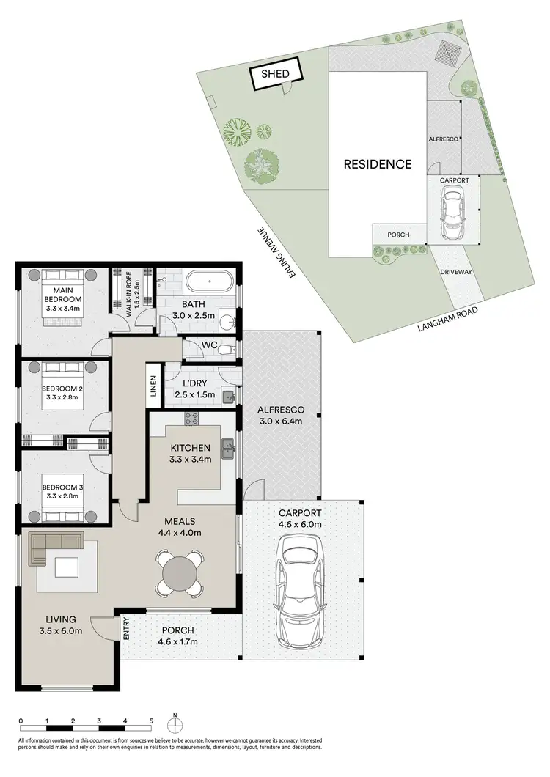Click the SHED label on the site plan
click(x=271, y=74)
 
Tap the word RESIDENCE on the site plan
click(x=378, y=164)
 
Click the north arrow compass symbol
click(x=175, y=724)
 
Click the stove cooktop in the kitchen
click(x=191, y=419)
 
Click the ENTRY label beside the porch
click(x=126, y=630)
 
